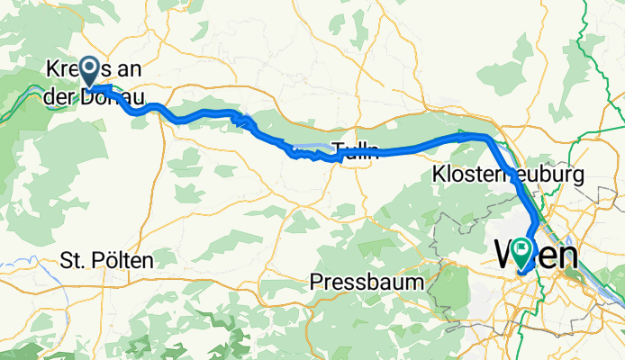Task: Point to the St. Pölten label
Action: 107,261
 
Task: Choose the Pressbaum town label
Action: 367,282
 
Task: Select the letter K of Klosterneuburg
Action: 439,172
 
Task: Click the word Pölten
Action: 122,261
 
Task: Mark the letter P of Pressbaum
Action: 316,282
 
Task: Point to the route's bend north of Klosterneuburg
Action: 487,138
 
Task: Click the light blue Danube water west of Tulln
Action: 311,146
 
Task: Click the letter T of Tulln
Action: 336,149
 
